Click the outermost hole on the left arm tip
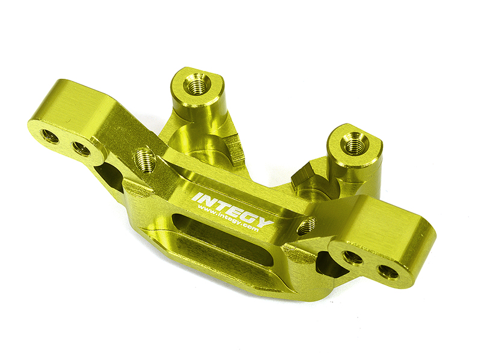51,136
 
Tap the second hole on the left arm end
81,148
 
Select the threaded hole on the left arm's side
146,160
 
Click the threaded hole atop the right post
355,142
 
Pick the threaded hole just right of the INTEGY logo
307,226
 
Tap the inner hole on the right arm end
352,257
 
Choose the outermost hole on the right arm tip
388,271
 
